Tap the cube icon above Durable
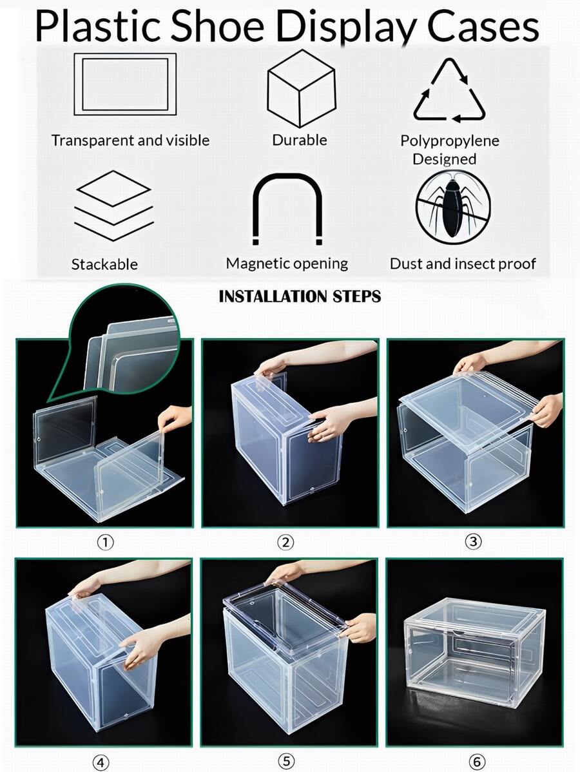[301, 88]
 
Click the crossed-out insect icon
[452, 207]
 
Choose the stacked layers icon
[113, 206]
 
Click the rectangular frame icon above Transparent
[125, 84]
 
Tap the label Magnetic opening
[287, 263]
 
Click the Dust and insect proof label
[463, 263]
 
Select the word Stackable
[104, 264]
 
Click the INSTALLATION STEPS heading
[300, 296]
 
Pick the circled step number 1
[104, 543]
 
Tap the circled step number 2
[285, 543]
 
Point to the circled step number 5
[285, 762]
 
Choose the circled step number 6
[476, 762]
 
